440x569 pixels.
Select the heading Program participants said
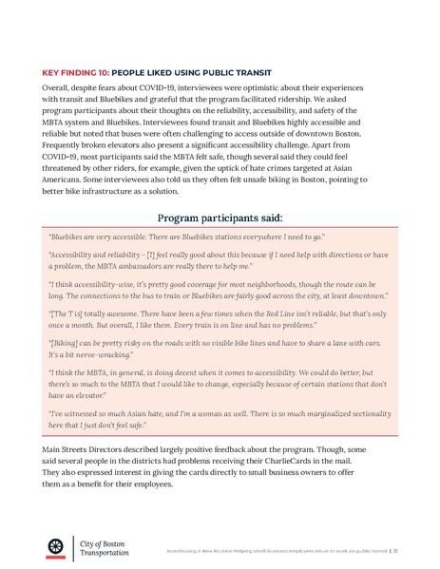click(x=220, y=216)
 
